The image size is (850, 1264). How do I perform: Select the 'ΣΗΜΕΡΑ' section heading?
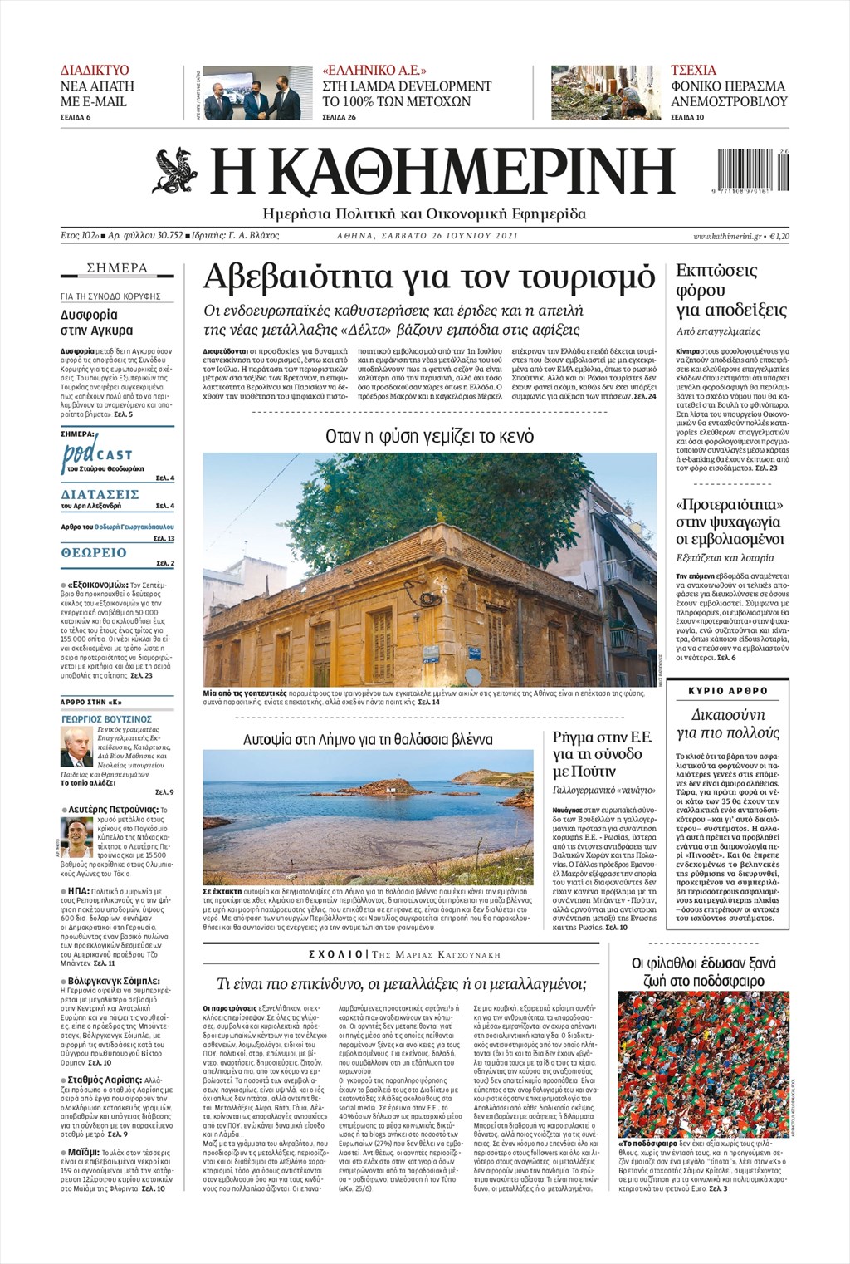point(117,268)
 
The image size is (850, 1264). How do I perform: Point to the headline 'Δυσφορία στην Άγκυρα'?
point(90,322)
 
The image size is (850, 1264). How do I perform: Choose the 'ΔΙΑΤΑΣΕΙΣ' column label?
point(100,494)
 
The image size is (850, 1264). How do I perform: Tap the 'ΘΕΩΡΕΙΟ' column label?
point(94,552)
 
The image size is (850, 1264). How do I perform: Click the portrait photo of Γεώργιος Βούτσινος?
point(76,746)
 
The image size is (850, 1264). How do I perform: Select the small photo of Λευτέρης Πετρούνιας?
point(76,836)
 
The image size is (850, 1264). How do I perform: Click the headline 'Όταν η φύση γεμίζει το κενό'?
point(429,436)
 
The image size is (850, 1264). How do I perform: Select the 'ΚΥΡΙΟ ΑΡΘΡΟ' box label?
point(728,691)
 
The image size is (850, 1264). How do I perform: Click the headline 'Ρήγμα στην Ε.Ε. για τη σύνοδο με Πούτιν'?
point(603,754)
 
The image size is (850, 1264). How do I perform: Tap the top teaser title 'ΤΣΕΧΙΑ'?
point(693,70)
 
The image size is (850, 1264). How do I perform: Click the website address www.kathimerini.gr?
point(727,237)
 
